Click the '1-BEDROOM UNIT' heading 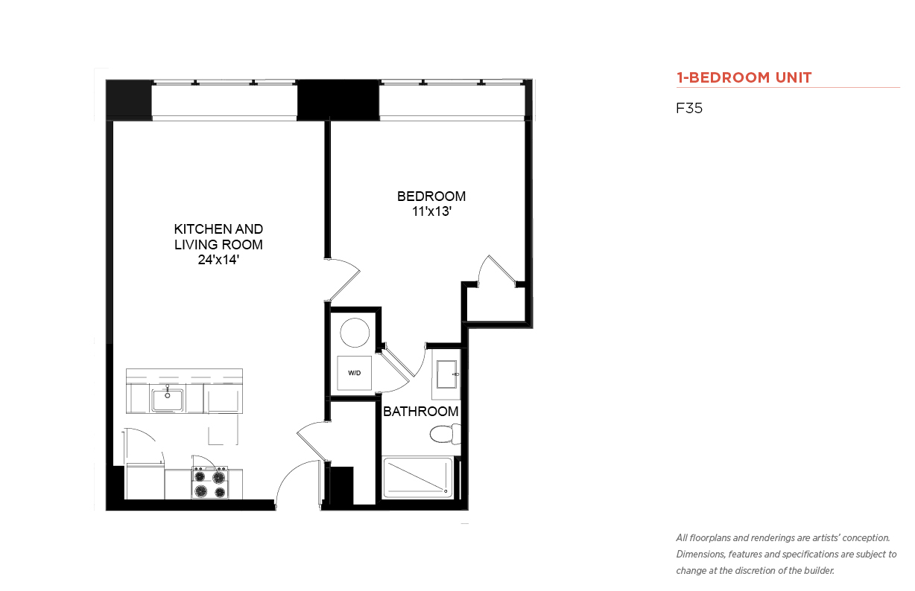coord(744,77)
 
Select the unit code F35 coord(689,108)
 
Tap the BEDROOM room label coord(431,197)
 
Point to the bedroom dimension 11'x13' coord(431,211)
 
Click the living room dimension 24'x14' coord(218,260)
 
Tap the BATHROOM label coord(421,412)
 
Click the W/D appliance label coord(355,373)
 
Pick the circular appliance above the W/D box coord(355,333)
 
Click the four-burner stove coord(210,483)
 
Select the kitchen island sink coord(168,400)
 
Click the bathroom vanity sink coord(446,374)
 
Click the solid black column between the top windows coord(338,100)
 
